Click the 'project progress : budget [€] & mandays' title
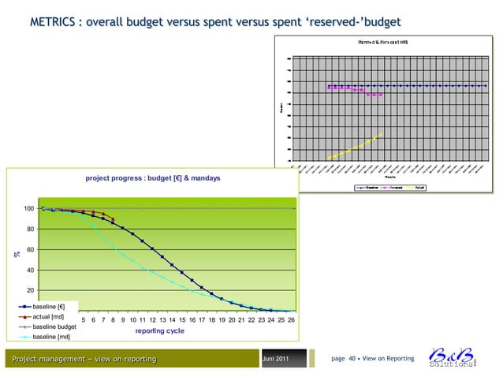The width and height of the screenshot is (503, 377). click(154, 179)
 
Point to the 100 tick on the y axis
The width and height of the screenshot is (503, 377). click(29, 208)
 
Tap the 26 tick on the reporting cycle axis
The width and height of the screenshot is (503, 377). click(291, 319)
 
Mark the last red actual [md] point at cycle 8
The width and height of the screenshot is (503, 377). click(113, 218)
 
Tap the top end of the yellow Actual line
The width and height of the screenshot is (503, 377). click(382, 133)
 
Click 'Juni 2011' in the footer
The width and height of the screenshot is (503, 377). click(280, 360)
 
